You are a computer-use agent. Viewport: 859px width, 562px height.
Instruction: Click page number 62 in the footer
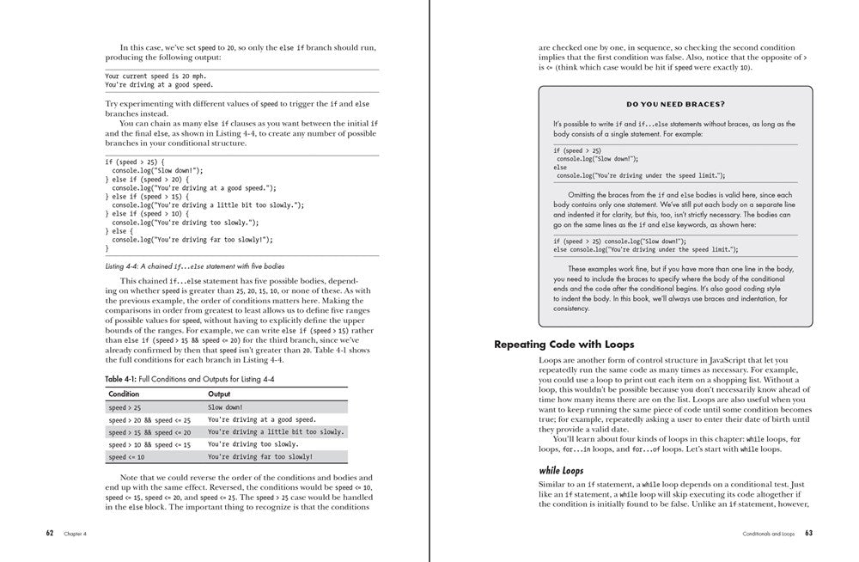point(50,533)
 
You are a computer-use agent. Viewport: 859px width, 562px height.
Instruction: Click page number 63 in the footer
point(808,533)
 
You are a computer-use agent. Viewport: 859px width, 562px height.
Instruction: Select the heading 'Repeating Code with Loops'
point(564,345)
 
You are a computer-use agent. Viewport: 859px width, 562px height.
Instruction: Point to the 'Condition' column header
point(124,394)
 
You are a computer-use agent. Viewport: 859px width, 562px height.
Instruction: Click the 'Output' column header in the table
point(219,394)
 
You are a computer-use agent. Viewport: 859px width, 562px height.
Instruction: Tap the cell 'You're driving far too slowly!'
point(260,456)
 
